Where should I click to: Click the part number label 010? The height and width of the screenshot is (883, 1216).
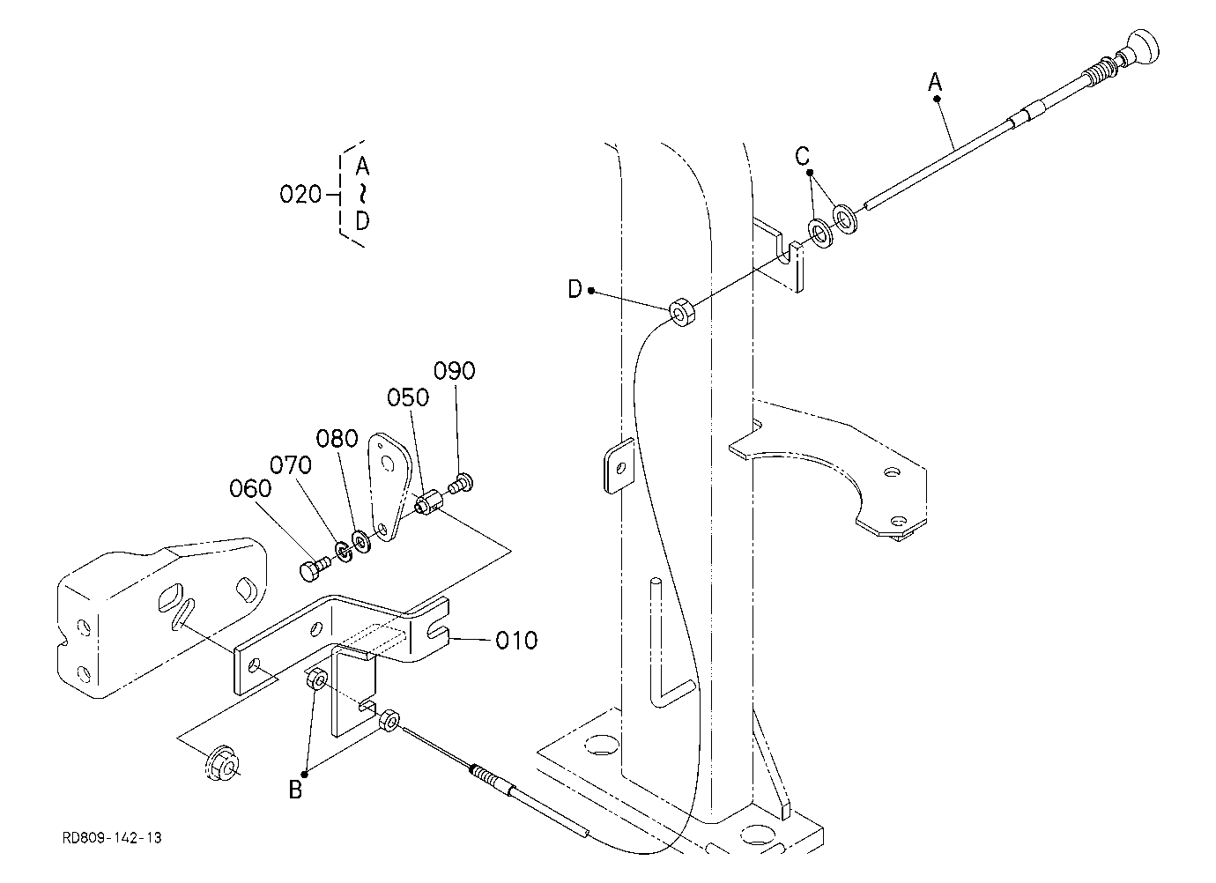[x=516, y=641]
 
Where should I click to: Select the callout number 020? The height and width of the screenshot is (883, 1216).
[x=300, y=195]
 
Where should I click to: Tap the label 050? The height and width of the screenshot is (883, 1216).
[x=408, y=397]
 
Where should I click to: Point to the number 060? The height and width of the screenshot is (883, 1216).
[x=250, y=489]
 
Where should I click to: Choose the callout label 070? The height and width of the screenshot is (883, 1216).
[x=291, y=465]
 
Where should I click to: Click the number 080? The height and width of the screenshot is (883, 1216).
[x=337, y=438]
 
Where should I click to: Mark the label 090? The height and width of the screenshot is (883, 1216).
[x=455, y=371]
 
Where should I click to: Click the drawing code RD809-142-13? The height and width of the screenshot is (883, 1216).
[x=113, y=838]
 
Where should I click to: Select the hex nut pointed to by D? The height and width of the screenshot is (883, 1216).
[x=682, y=312]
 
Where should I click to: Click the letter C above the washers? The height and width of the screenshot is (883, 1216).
[x=802, y=156]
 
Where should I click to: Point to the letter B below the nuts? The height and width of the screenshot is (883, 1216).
[x=295, y=790]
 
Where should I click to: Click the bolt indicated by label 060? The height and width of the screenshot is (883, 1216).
[x=313, y=569]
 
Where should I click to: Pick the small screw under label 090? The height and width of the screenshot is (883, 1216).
[x=460, y=483]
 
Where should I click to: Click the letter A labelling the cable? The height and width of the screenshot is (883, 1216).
[x=935, y=83]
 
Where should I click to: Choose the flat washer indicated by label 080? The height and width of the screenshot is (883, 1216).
[x=361, y=541]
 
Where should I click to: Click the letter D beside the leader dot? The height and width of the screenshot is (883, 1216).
[x=575, y=289]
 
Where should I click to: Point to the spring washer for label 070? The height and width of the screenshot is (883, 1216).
[x=344, y=551]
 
